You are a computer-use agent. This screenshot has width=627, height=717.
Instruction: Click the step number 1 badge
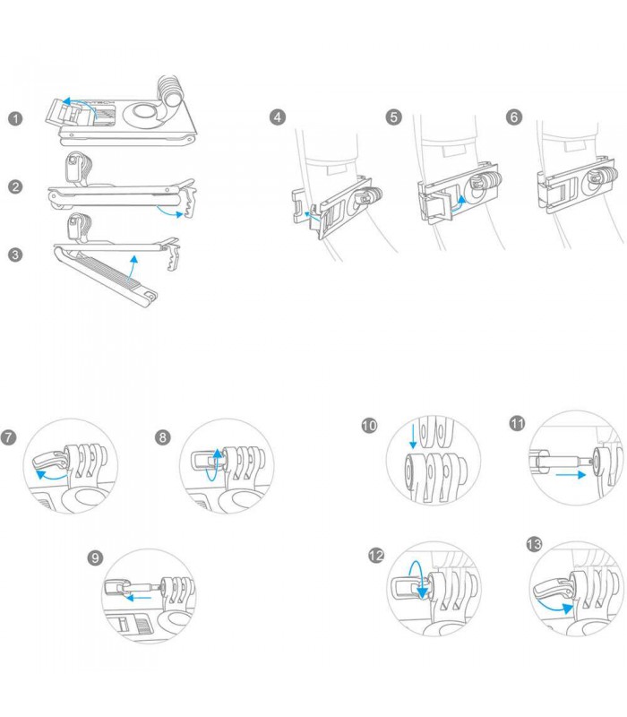point(15,118)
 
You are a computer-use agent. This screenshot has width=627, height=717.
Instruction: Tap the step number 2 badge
point(15,186)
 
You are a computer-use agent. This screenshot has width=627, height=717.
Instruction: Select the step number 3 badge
point(15,254)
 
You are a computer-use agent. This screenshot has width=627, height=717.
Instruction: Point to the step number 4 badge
point(279,117)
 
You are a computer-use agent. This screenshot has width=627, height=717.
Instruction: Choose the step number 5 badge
point(394,117)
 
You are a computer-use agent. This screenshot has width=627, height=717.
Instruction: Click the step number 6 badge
point(513,117)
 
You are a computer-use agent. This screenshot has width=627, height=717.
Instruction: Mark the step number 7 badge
point(9,437)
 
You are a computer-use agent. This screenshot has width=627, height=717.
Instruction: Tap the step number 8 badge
point(162,437)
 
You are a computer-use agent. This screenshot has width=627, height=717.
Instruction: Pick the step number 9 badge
point(95,558)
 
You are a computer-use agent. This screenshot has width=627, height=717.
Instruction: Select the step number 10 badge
point(369,426)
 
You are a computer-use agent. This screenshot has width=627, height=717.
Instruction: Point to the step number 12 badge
point(377,556)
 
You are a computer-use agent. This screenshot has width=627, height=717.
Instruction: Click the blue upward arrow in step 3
point(133,263)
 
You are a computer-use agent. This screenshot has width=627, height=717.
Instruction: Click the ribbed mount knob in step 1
point(169,92)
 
